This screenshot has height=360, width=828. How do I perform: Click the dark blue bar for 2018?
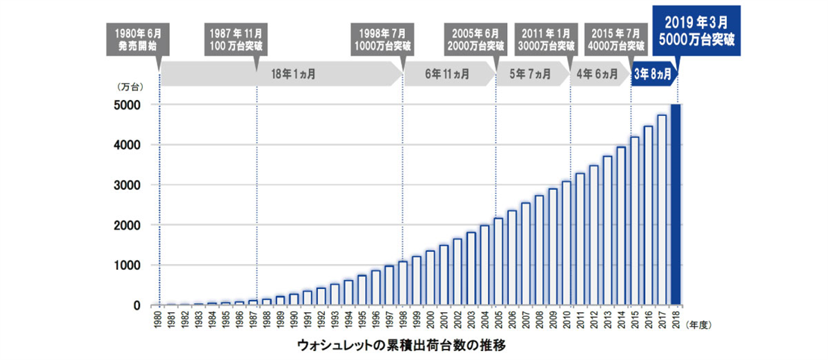676,205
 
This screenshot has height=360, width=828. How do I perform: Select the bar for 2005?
498,261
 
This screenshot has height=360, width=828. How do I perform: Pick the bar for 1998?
403,283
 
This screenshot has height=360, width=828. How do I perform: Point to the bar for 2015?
635,221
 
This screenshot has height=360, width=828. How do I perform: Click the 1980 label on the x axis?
159,321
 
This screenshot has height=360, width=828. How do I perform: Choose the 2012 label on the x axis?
594,321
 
